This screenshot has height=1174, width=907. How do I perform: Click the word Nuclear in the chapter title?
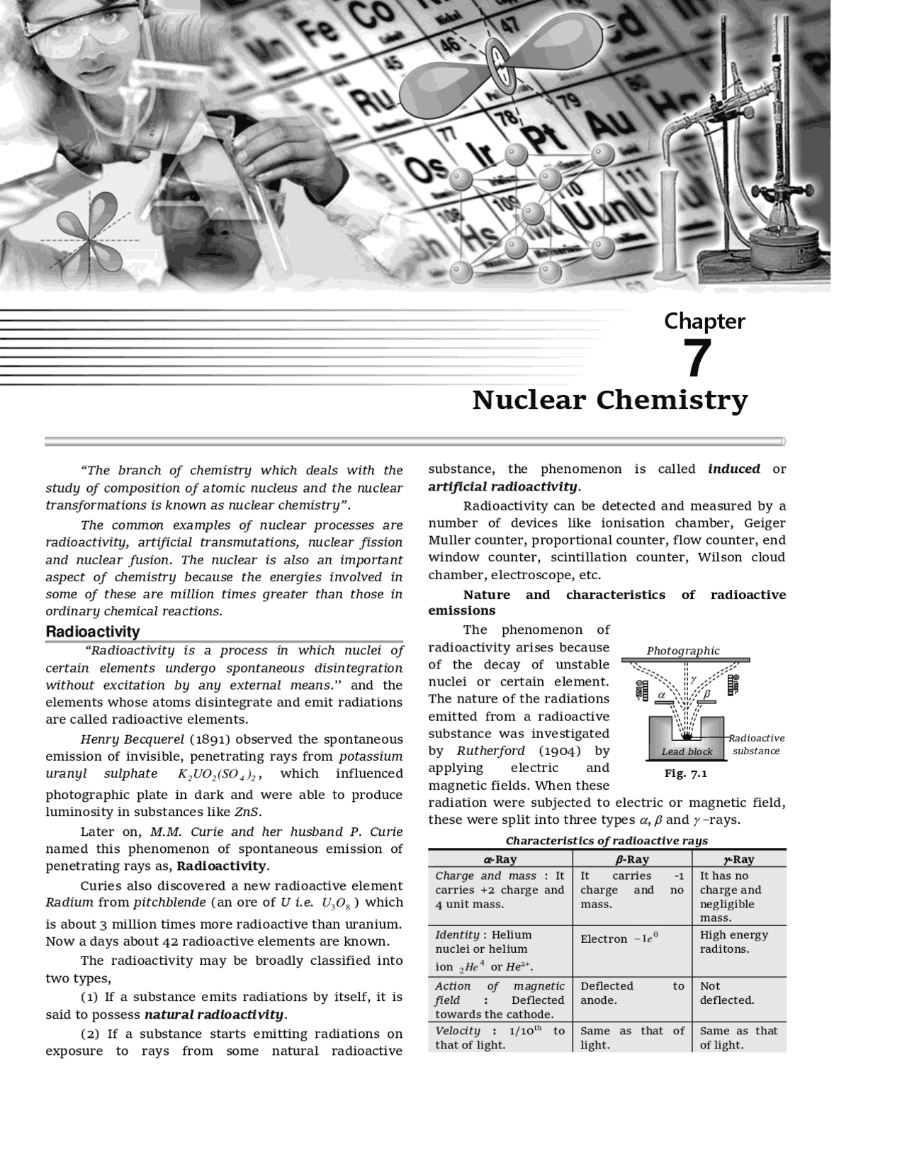tap(529, 401)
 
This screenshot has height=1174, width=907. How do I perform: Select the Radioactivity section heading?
tap(93, 632)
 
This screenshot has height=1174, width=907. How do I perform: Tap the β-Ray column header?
tap(632, 859)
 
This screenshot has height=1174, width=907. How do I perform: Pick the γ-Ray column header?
tap(738, 859)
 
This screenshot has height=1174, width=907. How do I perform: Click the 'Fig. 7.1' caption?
tap(685, 773)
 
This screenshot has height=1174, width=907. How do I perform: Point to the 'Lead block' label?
tap(687, 751)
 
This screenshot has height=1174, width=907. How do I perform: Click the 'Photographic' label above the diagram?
tap(682, 651)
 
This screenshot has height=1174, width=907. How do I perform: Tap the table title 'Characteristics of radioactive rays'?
tap(607, 841)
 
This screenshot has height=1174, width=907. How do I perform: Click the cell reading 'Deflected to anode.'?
tap(632, 993)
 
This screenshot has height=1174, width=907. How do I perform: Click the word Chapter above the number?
tap(704, 321)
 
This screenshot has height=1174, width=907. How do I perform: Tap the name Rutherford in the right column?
tap(490, 751)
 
